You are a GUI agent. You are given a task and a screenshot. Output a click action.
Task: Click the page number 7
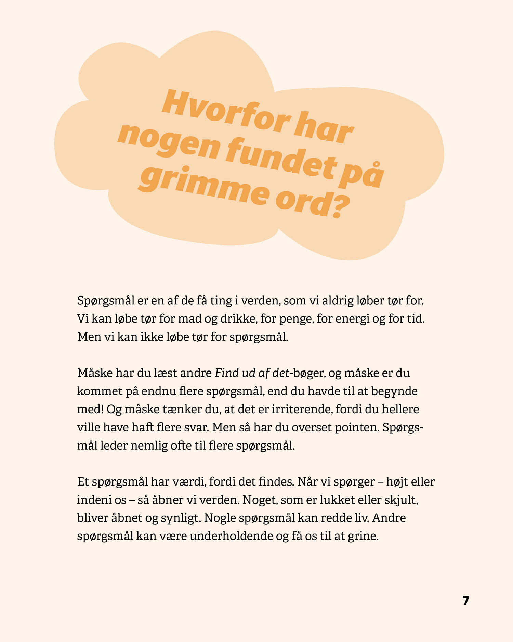466,601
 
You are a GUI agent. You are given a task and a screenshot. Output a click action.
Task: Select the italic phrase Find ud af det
252,373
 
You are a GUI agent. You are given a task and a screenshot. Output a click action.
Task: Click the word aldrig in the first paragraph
337,301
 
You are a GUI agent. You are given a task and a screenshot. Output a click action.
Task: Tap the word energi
352,319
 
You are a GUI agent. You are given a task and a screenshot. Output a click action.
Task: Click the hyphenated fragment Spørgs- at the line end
403,428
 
